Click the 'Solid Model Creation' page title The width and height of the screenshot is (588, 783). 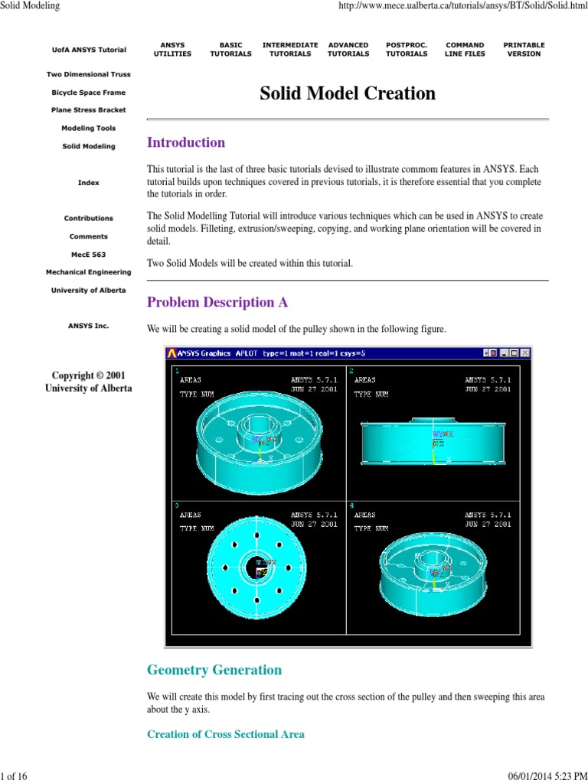click(x=348, y=94)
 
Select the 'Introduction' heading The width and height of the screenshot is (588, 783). click(x=186, y=142)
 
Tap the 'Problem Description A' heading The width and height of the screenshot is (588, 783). click(x=217, y=302)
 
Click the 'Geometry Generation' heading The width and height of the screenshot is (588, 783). click(x=214, y=670)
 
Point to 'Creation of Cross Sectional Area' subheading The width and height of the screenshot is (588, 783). click(x=226, y=734)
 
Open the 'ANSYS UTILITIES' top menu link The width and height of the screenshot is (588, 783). click(x=172, y=50)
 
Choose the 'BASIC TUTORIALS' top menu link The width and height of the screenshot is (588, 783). click(x=230, y=50)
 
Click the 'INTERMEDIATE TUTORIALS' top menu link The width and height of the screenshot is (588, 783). click(x=290, y=50)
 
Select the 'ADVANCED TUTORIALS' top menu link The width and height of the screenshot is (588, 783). click(x=348, y=50)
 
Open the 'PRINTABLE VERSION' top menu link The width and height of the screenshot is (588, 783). click(x=524, y=50)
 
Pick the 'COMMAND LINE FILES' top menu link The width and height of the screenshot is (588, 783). click(x=465, y=50)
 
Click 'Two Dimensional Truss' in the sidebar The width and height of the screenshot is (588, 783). click(x=89, y=75)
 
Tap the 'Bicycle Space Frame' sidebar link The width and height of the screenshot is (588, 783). click(x=89, y=93)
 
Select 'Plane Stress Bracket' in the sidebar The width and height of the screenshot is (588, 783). click(x=89, y=110)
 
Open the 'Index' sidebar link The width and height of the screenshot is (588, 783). click(x=89, y=183)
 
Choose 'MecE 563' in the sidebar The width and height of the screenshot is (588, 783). click(x=89, y=255)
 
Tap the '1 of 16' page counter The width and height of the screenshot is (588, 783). click(x=15, y=777)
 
